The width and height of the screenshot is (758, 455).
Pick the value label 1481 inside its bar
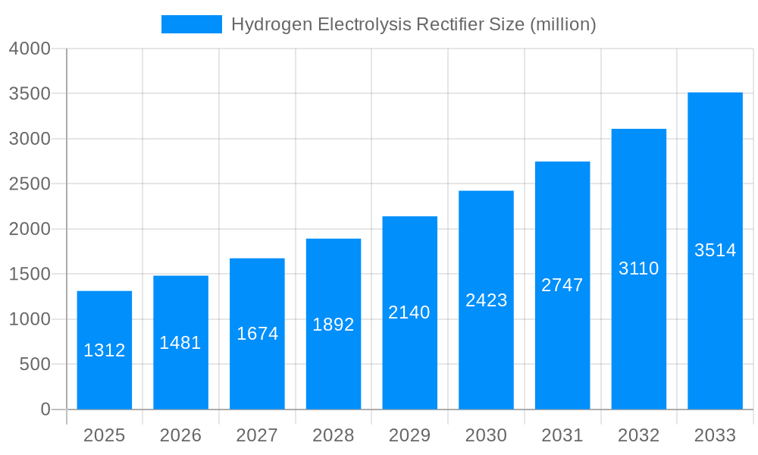pyautogui.click(x=180, y=343)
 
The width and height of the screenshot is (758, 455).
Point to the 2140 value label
pyautogui.click(x=409, y=312)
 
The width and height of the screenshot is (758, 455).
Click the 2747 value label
pyautogui.click(x=562, y=285)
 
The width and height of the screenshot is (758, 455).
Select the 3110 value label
pyautogui.click(x=639, y=268)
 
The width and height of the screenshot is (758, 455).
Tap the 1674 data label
pyautogui.click(x=257, y=334)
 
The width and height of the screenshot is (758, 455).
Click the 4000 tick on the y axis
pyautogui.click(x=30, y=49)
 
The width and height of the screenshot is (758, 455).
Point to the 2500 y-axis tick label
pyautogui.click(x=30, y=184)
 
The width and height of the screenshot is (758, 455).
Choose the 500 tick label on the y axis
pyautogui.click(x=35, y=365)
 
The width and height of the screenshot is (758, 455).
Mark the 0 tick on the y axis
pyautogui.click(x=45, y=409)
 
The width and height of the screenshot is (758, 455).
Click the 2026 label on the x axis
pyautogui.click(x=180, y=435)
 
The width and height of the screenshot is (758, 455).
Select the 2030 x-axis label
pyautogui.click(x=486, y=435)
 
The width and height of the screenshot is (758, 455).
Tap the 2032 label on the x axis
pyautogui.click(x=639, y=435)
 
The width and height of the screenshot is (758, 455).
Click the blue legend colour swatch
pyautogui.click(x=192, y=24)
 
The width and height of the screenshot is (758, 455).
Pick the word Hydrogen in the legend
pyautogui.click(x=271, y=24)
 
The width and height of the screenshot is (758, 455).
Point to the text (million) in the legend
pyautogui.click(x=563, y=24)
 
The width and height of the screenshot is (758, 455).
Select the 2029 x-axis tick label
pyautogui.click(x=409, y=435)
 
